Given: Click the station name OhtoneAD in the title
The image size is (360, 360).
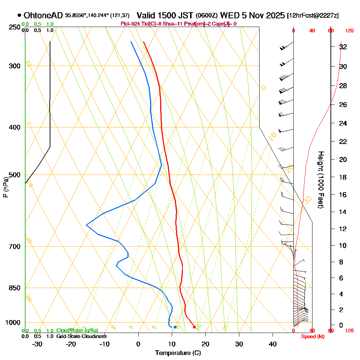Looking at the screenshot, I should [x=44, y=15].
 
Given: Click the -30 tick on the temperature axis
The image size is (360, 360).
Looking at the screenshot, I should [x=37, y=344].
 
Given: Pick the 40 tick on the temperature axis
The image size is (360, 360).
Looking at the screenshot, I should [x=273, y=344].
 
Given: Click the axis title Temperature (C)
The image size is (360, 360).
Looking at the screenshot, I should [x=178, y=353].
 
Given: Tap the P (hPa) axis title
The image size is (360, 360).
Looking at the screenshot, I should [x=5, y=187].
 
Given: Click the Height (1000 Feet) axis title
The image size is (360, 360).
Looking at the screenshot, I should [x=320, y=179].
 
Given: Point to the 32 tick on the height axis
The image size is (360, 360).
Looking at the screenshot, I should [x=343, y=47].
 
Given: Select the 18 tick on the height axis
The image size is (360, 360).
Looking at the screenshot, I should [x=343, y=177].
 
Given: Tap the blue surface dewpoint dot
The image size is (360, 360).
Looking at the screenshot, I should [x=175, y=327].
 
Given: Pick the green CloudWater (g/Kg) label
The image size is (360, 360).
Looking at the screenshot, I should [x=77, y=330].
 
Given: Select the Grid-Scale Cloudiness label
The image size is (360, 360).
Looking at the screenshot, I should [x=81, y=336].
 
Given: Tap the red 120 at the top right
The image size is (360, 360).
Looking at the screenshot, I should [x=349, y=31].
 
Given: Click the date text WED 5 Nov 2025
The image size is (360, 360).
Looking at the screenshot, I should [x=252, y=15].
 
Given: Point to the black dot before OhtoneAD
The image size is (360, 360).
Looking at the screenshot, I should [x=19, y=15].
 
